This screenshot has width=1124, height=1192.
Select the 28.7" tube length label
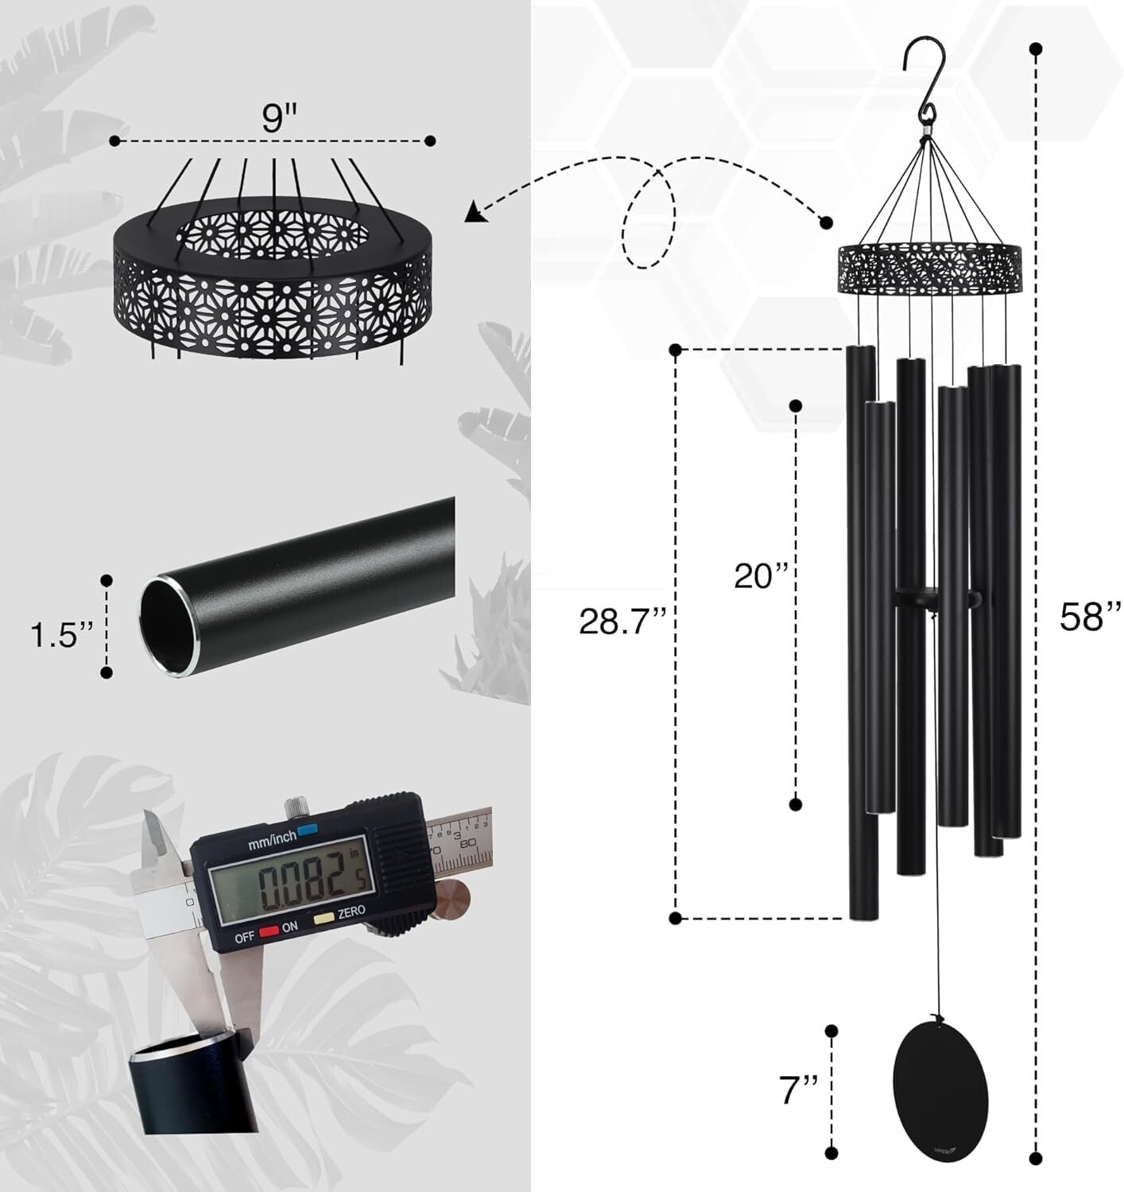point(620,621)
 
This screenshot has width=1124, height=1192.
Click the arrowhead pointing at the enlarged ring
point(475,211)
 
